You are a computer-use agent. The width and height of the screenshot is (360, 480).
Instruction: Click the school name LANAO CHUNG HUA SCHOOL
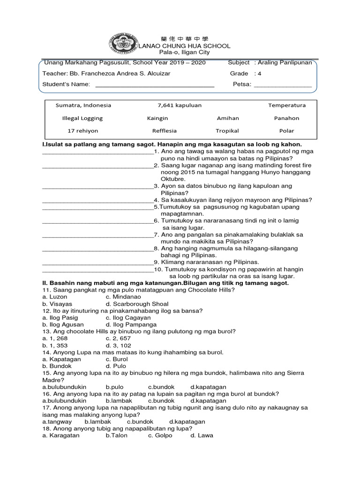(184, 46)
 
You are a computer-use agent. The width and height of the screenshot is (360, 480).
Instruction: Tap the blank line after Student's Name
(155, 85)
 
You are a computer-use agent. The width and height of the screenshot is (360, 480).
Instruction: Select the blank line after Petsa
(282, 85)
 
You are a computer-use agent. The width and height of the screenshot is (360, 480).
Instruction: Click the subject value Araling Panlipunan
(285, 62)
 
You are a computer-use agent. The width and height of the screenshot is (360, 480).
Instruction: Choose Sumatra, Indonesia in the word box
(83, 105)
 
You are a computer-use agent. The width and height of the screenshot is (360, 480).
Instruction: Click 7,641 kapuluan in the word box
(180, 105)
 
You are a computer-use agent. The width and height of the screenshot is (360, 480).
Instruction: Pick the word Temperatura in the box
(286, 105)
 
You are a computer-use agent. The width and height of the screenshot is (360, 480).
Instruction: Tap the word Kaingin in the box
(157, 118)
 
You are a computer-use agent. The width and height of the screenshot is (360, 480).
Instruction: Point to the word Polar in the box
(286, 131)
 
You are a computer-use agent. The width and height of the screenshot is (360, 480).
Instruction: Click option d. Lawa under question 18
(202, 435)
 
